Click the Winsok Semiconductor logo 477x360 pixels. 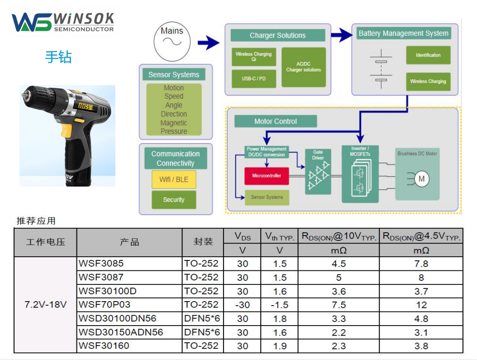63,22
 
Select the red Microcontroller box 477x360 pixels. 267,176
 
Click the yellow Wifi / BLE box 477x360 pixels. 174,179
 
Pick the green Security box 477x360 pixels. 174,200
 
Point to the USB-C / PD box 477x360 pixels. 253,79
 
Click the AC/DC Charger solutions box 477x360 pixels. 303,67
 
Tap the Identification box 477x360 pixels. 428,55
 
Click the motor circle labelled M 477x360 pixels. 421,179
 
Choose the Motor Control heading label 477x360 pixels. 276,121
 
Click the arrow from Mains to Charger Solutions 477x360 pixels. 208,43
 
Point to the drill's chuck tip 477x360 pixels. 24,95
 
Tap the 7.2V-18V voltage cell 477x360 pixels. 45,305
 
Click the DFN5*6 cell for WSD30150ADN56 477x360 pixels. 202,332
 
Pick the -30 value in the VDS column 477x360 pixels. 243,305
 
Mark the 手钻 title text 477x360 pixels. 58,57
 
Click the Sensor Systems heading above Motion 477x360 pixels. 174,75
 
